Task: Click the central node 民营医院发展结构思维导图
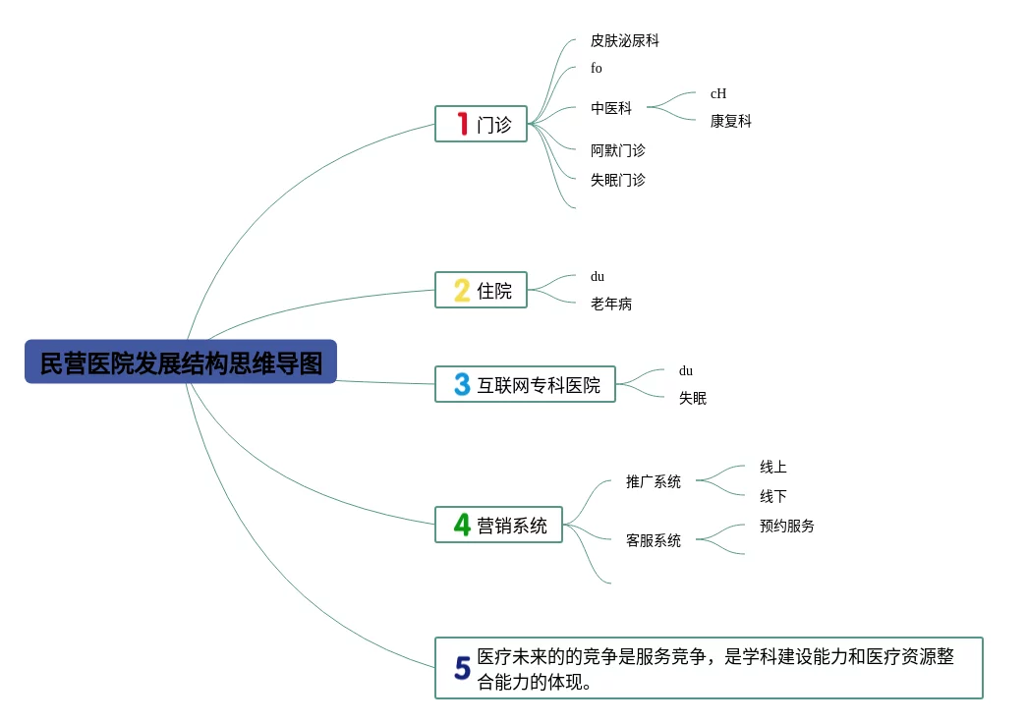click(x=181, y=362)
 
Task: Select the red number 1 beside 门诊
click(x=462, y=124)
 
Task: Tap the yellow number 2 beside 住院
click(x=462, y=291)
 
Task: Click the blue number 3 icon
click(x=462, y=384)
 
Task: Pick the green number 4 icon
click(x=462, y=525)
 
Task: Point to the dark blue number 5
click(x=462, y=669)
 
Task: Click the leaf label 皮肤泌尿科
click(x=625, y=41)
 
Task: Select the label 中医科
click(x=611, y=109)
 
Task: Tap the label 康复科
click(x=731, y=122)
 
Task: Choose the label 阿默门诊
click(x=618, y=151)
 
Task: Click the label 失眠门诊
click(x=618, y=181)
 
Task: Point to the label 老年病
click(x=611, y=305)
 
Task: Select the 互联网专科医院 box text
click(x=539, y=385)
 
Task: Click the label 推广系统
click(x=654, y=482)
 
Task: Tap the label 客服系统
click(x=654, y=541)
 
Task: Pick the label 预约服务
click(x=787, y=527)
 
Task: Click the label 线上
click(x=773, y=468)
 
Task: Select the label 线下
click(x=773, y=497)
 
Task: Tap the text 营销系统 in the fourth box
click(x=512, y=526)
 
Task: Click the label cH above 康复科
click(x=718, y=94)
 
